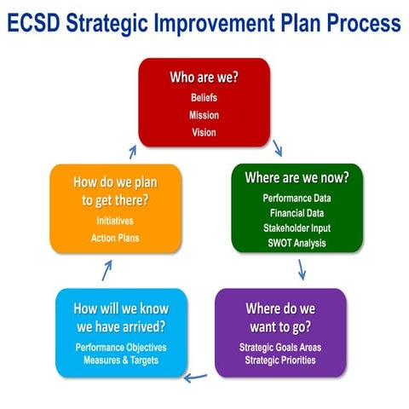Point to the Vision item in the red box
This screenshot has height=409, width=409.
pos(204,132)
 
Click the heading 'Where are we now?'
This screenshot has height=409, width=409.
pos(297,178)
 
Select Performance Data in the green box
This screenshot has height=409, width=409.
pos(297,199)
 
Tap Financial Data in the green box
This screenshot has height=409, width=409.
pos(297,213)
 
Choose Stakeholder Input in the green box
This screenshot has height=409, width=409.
pos(297,228)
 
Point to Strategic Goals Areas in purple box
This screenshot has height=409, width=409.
pos(280,346)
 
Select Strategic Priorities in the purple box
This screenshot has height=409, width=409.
pos(280,360)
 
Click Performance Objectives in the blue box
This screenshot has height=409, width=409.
pos(121,347)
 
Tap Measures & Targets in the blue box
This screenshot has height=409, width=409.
pos(121,360)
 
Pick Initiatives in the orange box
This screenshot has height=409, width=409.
pos(115,220)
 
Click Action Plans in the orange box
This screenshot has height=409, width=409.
pos(115,238)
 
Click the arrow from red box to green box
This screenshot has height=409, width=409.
pos(278,148)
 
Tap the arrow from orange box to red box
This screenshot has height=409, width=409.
pos(132,151)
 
